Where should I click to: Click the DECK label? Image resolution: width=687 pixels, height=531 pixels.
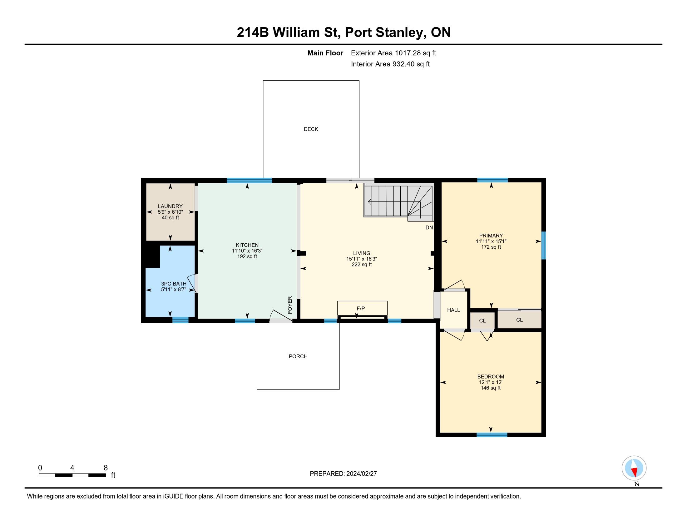(x=311, y=129)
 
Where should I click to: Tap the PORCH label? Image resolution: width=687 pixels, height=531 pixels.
(x=298, y=356)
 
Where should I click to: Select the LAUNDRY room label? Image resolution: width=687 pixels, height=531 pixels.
(x=170, y=206)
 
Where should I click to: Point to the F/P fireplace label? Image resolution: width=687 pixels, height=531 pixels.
(x=361, y=309)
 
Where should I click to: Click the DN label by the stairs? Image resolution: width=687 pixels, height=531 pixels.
(x=429, y=227)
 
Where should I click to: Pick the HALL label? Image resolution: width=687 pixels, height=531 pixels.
(x=454, y=310)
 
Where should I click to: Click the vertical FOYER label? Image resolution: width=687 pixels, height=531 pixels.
(x=290, y=305)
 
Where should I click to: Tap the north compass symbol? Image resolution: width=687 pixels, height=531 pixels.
(x=634, y=468)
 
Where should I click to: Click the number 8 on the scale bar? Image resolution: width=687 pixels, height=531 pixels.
(x=106, y=468)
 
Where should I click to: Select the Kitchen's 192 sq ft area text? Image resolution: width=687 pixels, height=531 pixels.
(x=247, y=256)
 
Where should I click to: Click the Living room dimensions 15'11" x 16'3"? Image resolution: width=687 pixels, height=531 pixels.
(x=362, y=259)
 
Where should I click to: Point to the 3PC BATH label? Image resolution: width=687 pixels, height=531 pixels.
(x=174, y=284)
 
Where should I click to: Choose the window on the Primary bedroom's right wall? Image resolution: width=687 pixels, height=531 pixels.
(x=544, y=246)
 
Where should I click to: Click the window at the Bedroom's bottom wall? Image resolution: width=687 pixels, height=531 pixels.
(x=492, y=435)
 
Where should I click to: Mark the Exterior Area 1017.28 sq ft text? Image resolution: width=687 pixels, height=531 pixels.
(x=393, y=53)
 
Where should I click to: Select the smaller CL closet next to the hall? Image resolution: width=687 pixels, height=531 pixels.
(x=482, y=321)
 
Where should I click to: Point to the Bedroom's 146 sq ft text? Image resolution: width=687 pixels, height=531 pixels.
(x=491, y=388)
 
